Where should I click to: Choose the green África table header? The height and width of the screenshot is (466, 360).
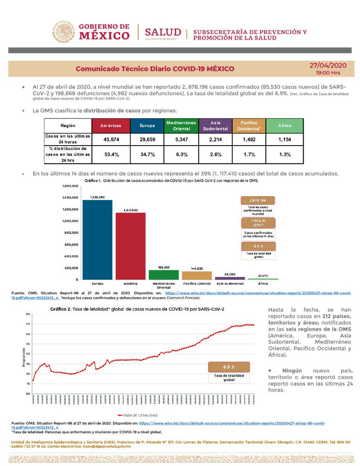[x=285, y=126]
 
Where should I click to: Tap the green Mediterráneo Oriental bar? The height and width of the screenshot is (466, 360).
[x=163, y=275]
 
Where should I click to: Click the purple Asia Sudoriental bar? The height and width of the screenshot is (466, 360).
[x=230, y=278]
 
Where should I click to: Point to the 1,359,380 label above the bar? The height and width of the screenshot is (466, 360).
[x=97, y=197]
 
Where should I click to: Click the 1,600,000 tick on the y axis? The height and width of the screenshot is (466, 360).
[x=70, y=186]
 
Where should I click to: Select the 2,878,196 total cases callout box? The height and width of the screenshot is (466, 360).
[x=258, y=200]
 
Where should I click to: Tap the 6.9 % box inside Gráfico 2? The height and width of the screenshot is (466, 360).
[x=229, y=367]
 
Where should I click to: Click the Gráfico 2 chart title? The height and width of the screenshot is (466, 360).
[x=137, y=309]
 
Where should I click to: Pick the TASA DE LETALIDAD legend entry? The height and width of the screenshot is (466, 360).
[x=142, y=415]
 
